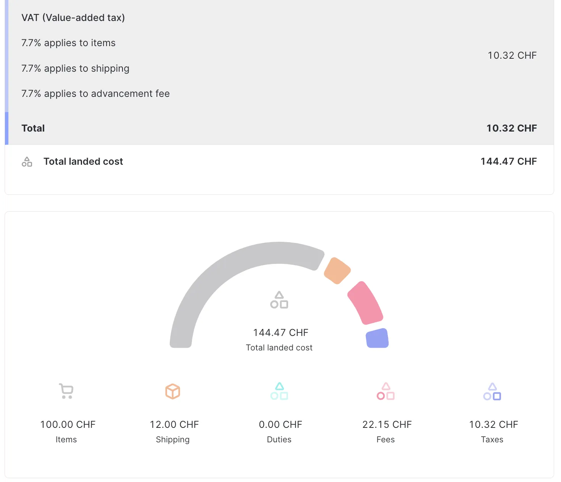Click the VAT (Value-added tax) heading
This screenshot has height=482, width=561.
click(x=73, y=18)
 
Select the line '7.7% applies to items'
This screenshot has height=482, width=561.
click(x=68, y=43)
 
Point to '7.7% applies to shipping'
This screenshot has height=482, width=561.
click(x=75, y=69)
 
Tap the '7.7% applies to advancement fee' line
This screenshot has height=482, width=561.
click(x=95, y=94)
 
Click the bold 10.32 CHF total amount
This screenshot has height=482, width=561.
click(x=511, y=128)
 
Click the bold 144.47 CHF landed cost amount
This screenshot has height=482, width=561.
click(x=508, y=161)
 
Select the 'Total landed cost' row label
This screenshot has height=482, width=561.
click(x=83, y=161)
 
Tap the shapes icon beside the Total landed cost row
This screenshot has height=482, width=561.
click(x=27, y=162)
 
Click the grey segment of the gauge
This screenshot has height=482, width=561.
click(x=214, y=275)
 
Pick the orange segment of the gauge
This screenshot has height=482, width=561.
click(x=337, y=271)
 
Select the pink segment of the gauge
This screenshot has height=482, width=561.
click(x=365, y=303)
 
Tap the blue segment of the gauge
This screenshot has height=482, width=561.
click(x=377, y=338)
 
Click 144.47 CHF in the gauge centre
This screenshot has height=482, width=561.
click(x=280, y=333)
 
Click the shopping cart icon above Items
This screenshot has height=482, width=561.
click(x=66, y=391)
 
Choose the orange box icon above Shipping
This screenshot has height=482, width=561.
click(x=172, y=391)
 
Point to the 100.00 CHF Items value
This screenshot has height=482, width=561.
click(x=68, y=424)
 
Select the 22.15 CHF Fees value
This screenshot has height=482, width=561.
click(x=387, y=424)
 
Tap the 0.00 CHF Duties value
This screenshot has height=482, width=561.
click(x=280, y=424)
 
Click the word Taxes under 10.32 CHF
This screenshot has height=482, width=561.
click(x=492, y=440)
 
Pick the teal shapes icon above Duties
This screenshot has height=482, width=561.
click(x=279, y=391)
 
